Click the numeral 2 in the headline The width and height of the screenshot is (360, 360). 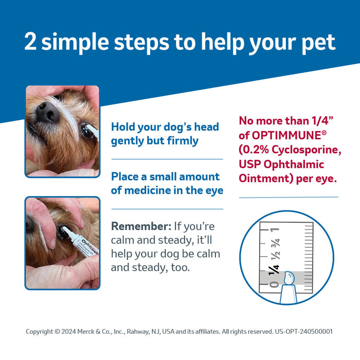point(31,42)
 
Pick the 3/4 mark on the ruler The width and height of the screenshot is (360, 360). point(275,243)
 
